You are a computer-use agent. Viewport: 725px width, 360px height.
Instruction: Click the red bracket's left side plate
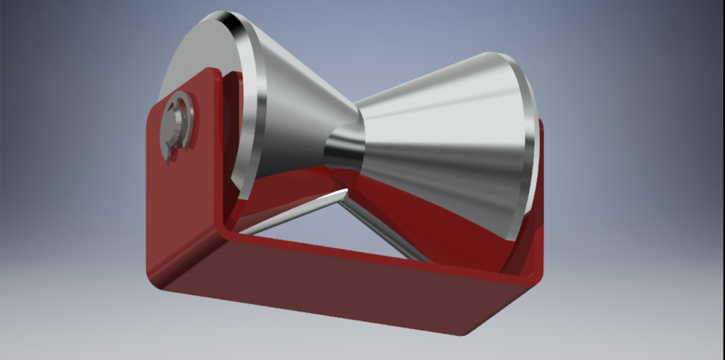(185, 196)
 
